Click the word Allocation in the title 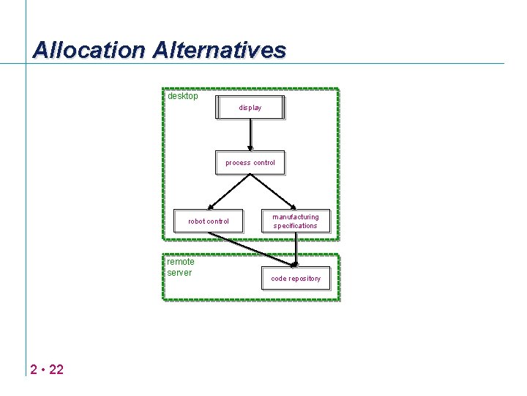click(90, 50)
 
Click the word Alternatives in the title click(220, 50)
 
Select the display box click(250, 107)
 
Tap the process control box click(250, 163)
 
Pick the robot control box click(208, 221)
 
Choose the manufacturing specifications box click(296, 221)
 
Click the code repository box click(296, 279)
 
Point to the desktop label click(182, 96)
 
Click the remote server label click(180, 267)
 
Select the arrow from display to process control click(250, 135)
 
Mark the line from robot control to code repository click(249, 249)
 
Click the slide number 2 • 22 click(47, 369)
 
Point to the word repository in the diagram click(304, 279)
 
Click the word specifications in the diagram click(296, 226)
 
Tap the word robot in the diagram click(196, 221)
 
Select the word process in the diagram click(238, 163)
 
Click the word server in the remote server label click(179, 273)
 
